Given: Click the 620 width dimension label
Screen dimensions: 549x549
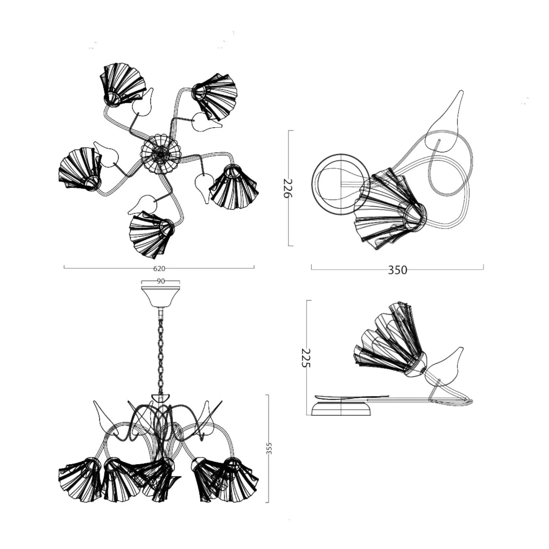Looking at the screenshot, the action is [x=159, y=268].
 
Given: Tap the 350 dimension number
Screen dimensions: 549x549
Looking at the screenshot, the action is [x=397, y=270].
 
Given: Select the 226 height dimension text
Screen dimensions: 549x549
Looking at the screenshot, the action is [x=288, y=188].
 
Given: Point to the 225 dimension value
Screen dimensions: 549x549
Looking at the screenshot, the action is [x=305, y=358].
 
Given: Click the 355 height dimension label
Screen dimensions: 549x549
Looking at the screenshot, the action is [x=269, y=448].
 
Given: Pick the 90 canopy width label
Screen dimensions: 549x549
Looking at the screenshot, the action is [x=161, y=281].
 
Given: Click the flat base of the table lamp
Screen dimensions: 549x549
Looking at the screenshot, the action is [x=341, y=409].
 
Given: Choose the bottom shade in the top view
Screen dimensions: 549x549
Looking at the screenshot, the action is [x=151, y=234].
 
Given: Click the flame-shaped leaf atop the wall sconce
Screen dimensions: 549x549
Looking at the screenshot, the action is [x=445, y=121].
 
